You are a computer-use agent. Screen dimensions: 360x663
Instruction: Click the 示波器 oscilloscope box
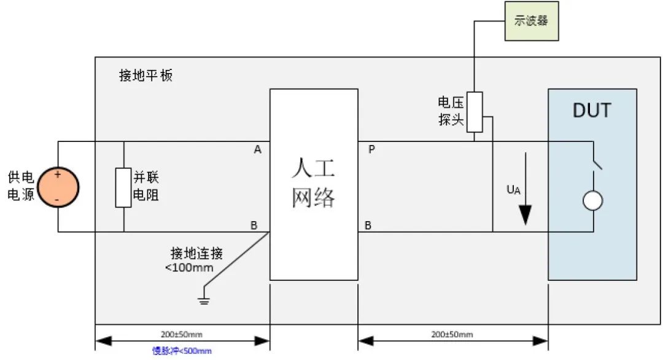[x=531, y=21]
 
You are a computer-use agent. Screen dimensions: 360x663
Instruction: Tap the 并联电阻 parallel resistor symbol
[x=123, y=186]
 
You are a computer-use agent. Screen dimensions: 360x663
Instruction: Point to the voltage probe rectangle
[x=475, y=112]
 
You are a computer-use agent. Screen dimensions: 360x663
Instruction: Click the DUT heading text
[x=592, y=111]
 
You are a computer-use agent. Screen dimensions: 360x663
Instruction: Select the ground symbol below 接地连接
[x=201, y=300]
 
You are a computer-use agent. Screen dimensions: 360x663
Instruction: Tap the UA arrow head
[x=524, y=215]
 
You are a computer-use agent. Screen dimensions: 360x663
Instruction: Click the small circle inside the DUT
[x=592, y=201]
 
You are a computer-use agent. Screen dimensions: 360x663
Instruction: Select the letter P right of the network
[x=371, y=149]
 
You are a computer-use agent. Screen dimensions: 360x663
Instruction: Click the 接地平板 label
[x=146, y=76]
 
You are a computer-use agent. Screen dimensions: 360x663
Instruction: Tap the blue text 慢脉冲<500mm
[x=182, y=351]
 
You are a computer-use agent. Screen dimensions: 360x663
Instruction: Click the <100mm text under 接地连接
[x=189, y=267]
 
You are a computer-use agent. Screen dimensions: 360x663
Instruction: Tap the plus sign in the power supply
[x=58, y=174]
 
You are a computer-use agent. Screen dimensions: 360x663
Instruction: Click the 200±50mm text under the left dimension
[x=182, y=334]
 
